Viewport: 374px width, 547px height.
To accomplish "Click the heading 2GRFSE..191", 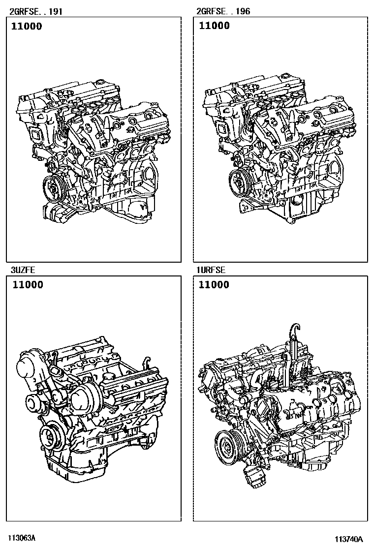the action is (36, 11).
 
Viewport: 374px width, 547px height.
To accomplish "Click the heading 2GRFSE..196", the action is (223, 11).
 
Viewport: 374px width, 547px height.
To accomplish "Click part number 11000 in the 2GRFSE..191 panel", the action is (27, 26).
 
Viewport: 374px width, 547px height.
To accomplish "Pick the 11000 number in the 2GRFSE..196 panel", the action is (214, 26).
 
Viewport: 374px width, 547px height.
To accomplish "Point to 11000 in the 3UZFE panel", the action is (28, 285).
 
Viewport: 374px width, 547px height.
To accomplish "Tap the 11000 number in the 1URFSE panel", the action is (214, 285).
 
